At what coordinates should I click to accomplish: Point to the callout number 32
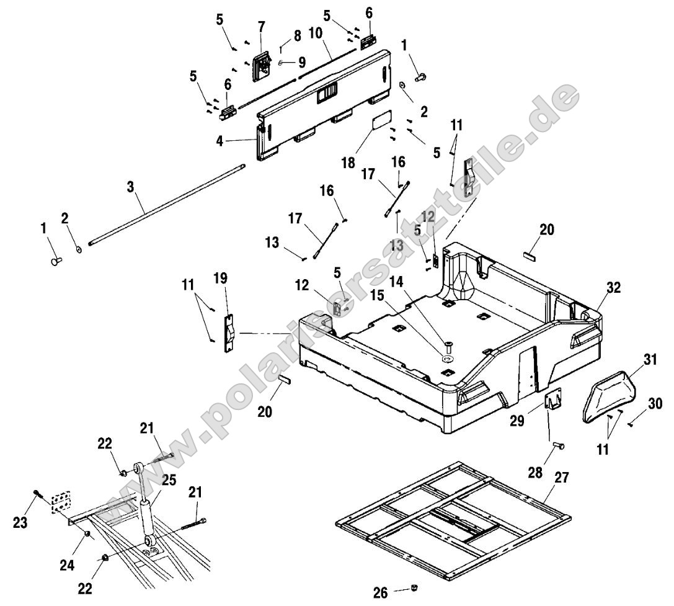[613, 287]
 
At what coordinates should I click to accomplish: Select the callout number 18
[348, 163]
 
